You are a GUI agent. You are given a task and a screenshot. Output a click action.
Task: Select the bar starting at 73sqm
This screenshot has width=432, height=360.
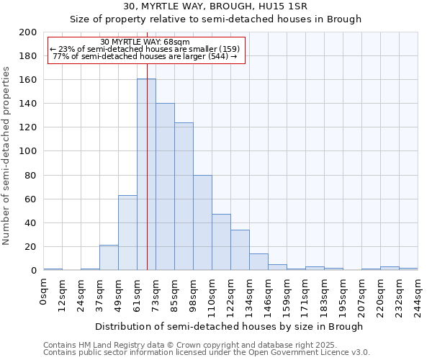[165, 186]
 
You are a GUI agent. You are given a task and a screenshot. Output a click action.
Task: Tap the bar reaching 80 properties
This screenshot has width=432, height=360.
[202, 222]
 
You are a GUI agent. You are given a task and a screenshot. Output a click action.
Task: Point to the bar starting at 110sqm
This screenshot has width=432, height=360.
[221, 242]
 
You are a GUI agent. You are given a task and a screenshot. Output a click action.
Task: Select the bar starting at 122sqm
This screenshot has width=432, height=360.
[240, 250]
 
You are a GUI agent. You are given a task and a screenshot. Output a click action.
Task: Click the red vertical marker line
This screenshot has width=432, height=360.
[147, 216]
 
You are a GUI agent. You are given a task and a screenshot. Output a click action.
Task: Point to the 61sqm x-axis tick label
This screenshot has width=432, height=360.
[138, 291]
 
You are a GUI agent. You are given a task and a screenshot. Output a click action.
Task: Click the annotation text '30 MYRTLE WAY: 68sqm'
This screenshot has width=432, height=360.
[145, 42]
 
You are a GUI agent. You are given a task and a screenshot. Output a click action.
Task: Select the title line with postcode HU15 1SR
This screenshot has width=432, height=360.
[215, 6]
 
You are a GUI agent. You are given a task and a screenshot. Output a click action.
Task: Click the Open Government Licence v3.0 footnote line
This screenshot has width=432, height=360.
[207, 352]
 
